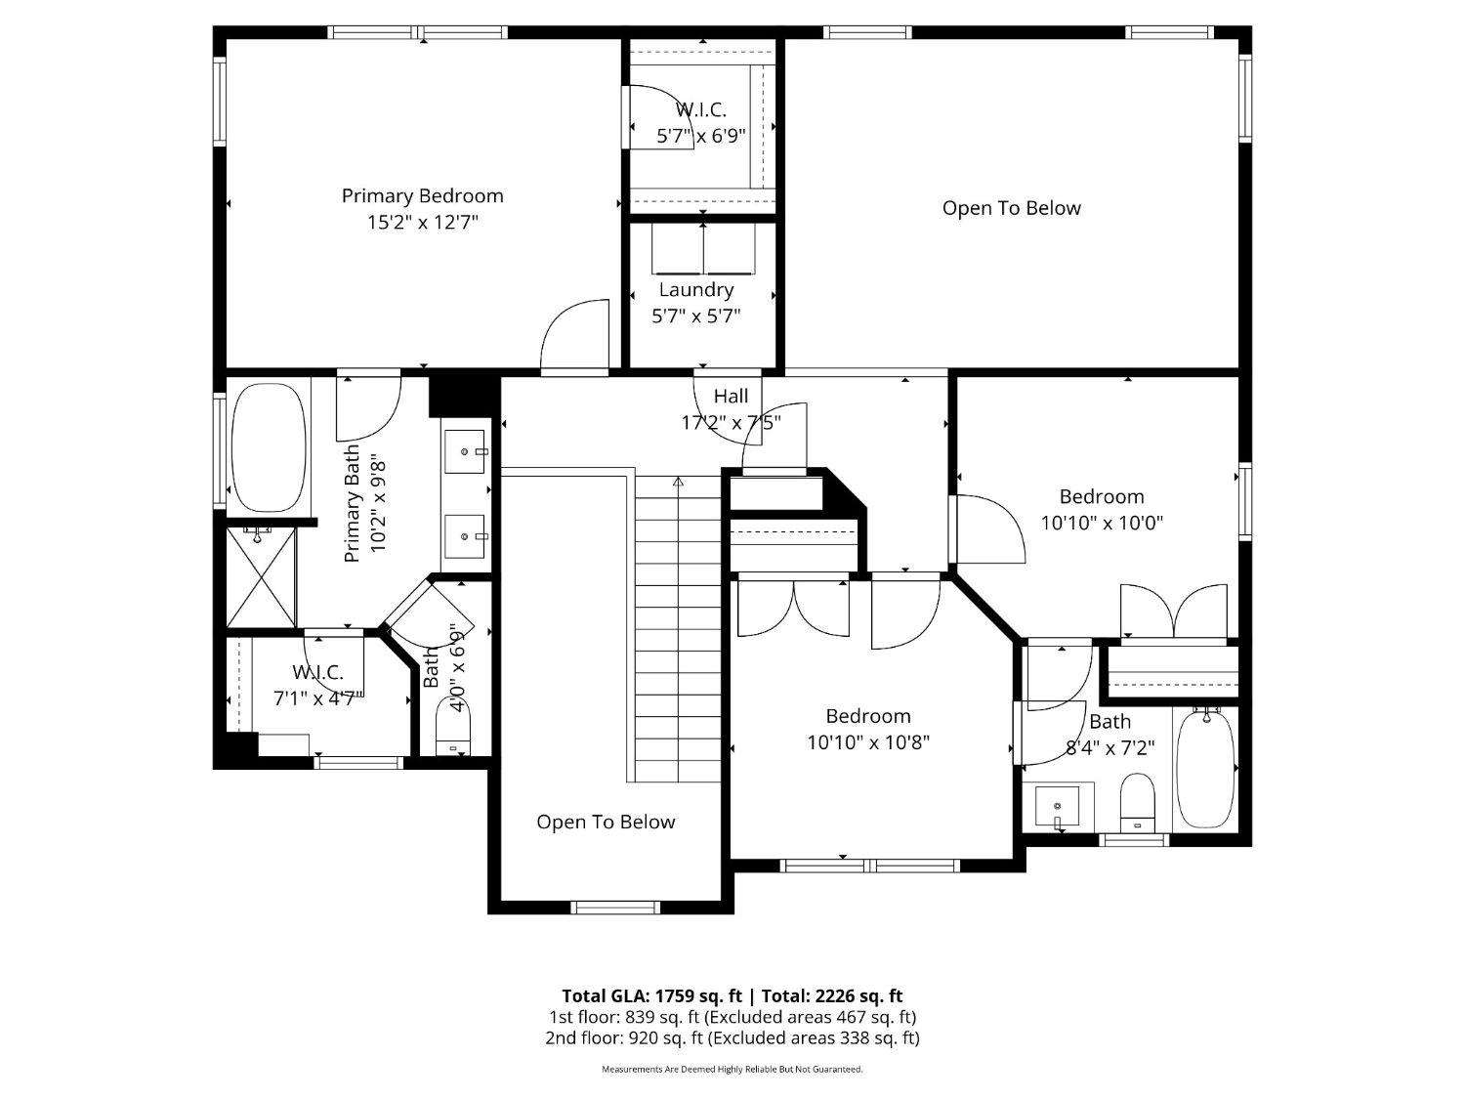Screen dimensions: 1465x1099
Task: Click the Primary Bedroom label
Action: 423,195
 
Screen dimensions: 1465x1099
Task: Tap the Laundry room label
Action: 696,289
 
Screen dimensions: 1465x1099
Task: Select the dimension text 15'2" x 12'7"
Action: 423,222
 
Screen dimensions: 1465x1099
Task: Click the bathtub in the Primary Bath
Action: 269,446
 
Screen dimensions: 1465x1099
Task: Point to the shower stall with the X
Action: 261,576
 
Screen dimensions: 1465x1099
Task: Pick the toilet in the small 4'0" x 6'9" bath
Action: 453,730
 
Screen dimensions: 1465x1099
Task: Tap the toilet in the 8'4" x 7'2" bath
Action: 1137,803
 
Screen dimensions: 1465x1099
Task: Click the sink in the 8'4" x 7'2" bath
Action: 1057,806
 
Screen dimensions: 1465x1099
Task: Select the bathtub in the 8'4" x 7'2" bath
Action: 1205,770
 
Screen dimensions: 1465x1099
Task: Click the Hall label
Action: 731,397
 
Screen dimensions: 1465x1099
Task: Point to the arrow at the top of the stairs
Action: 678,481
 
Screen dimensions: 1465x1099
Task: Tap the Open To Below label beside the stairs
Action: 607,823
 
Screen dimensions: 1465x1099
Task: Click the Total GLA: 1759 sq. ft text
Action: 652,996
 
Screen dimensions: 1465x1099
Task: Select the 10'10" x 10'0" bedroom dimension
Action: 1102,523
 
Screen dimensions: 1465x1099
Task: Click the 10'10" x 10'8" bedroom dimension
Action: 868,742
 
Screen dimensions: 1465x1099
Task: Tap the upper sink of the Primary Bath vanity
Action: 464,451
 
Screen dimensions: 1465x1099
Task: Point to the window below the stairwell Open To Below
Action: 614,908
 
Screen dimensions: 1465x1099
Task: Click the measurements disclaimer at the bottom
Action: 732,1070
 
